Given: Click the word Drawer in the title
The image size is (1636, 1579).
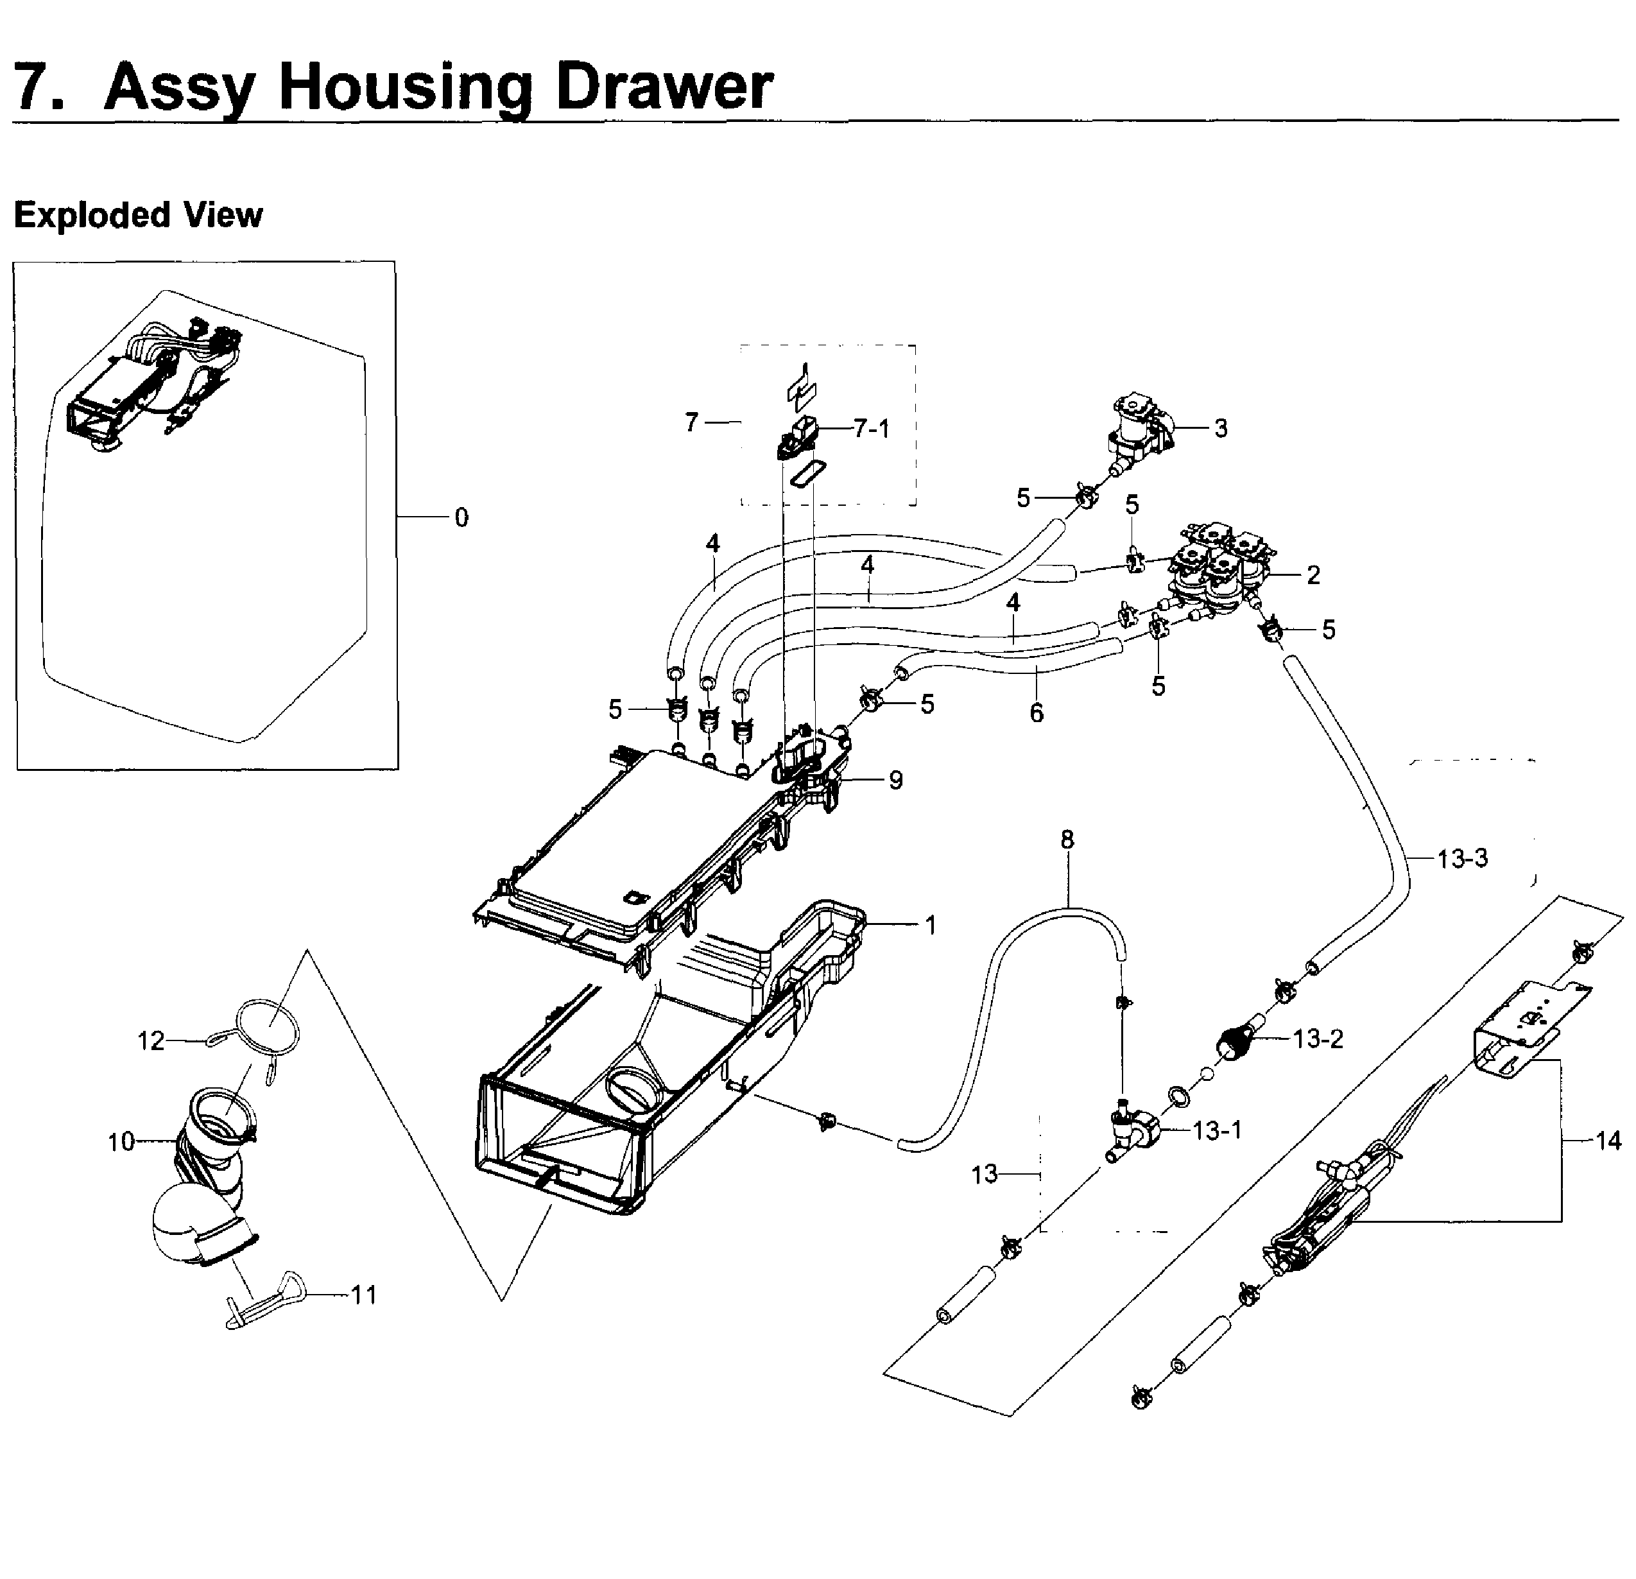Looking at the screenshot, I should click(x=664, y=87).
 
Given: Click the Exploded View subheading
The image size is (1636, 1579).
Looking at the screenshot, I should click(x=138, y=215).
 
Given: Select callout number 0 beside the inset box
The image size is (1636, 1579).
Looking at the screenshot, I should click(x=461, y=517).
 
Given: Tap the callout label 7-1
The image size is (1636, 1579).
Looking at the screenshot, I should click(x=872, y=429).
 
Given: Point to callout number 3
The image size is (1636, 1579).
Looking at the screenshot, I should click(x=1220, y=429).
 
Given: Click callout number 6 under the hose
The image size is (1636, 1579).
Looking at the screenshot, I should click(x=1036, y=712).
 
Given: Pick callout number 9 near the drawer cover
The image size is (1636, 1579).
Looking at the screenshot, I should click(x=895, y=781).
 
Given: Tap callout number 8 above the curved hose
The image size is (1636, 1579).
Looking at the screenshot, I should click(x=1067, y=840).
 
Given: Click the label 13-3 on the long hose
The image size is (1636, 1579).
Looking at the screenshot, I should click(x=1462, y=858).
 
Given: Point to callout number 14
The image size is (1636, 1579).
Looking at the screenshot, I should click(x=1608, y=1140).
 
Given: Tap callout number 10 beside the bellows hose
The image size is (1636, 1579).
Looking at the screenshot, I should click(x=121, y=1142).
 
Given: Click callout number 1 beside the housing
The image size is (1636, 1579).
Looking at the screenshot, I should click(x=931, y=925).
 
